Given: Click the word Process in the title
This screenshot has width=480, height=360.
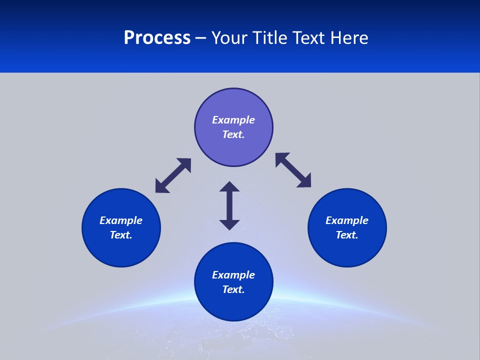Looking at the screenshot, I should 157,38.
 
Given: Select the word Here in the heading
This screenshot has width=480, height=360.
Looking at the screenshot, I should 349,38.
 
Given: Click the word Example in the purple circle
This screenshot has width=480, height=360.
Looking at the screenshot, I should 233,120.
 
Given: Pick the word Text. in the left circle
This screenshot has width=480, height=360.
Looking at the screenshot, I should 121,235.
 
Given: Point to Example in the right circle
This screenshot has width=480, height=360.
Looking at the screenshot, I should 347,220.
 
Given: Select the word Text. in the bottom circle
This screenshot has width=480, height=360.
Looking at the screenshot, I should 233,289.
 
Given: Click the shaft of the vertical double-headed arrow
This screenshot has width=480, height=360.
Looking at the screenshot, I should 229,205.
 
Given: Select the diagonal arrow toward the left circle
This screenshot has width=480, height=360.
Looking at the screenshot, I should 173,175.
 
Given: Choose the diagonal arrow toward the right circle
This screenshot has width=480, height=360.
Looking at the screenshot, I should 293,170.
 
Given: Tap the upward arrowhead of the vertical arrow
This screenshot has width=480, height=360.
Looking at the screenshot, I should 229,187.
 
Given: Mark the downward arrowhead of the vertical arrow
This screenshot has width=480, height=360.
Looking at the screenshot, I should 229,224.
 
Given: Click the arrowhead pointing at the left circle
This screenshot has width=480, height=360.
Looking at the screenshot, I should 161,187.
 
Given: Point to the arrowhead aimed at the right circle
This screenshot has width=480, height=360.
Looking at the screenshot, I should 304,181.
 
